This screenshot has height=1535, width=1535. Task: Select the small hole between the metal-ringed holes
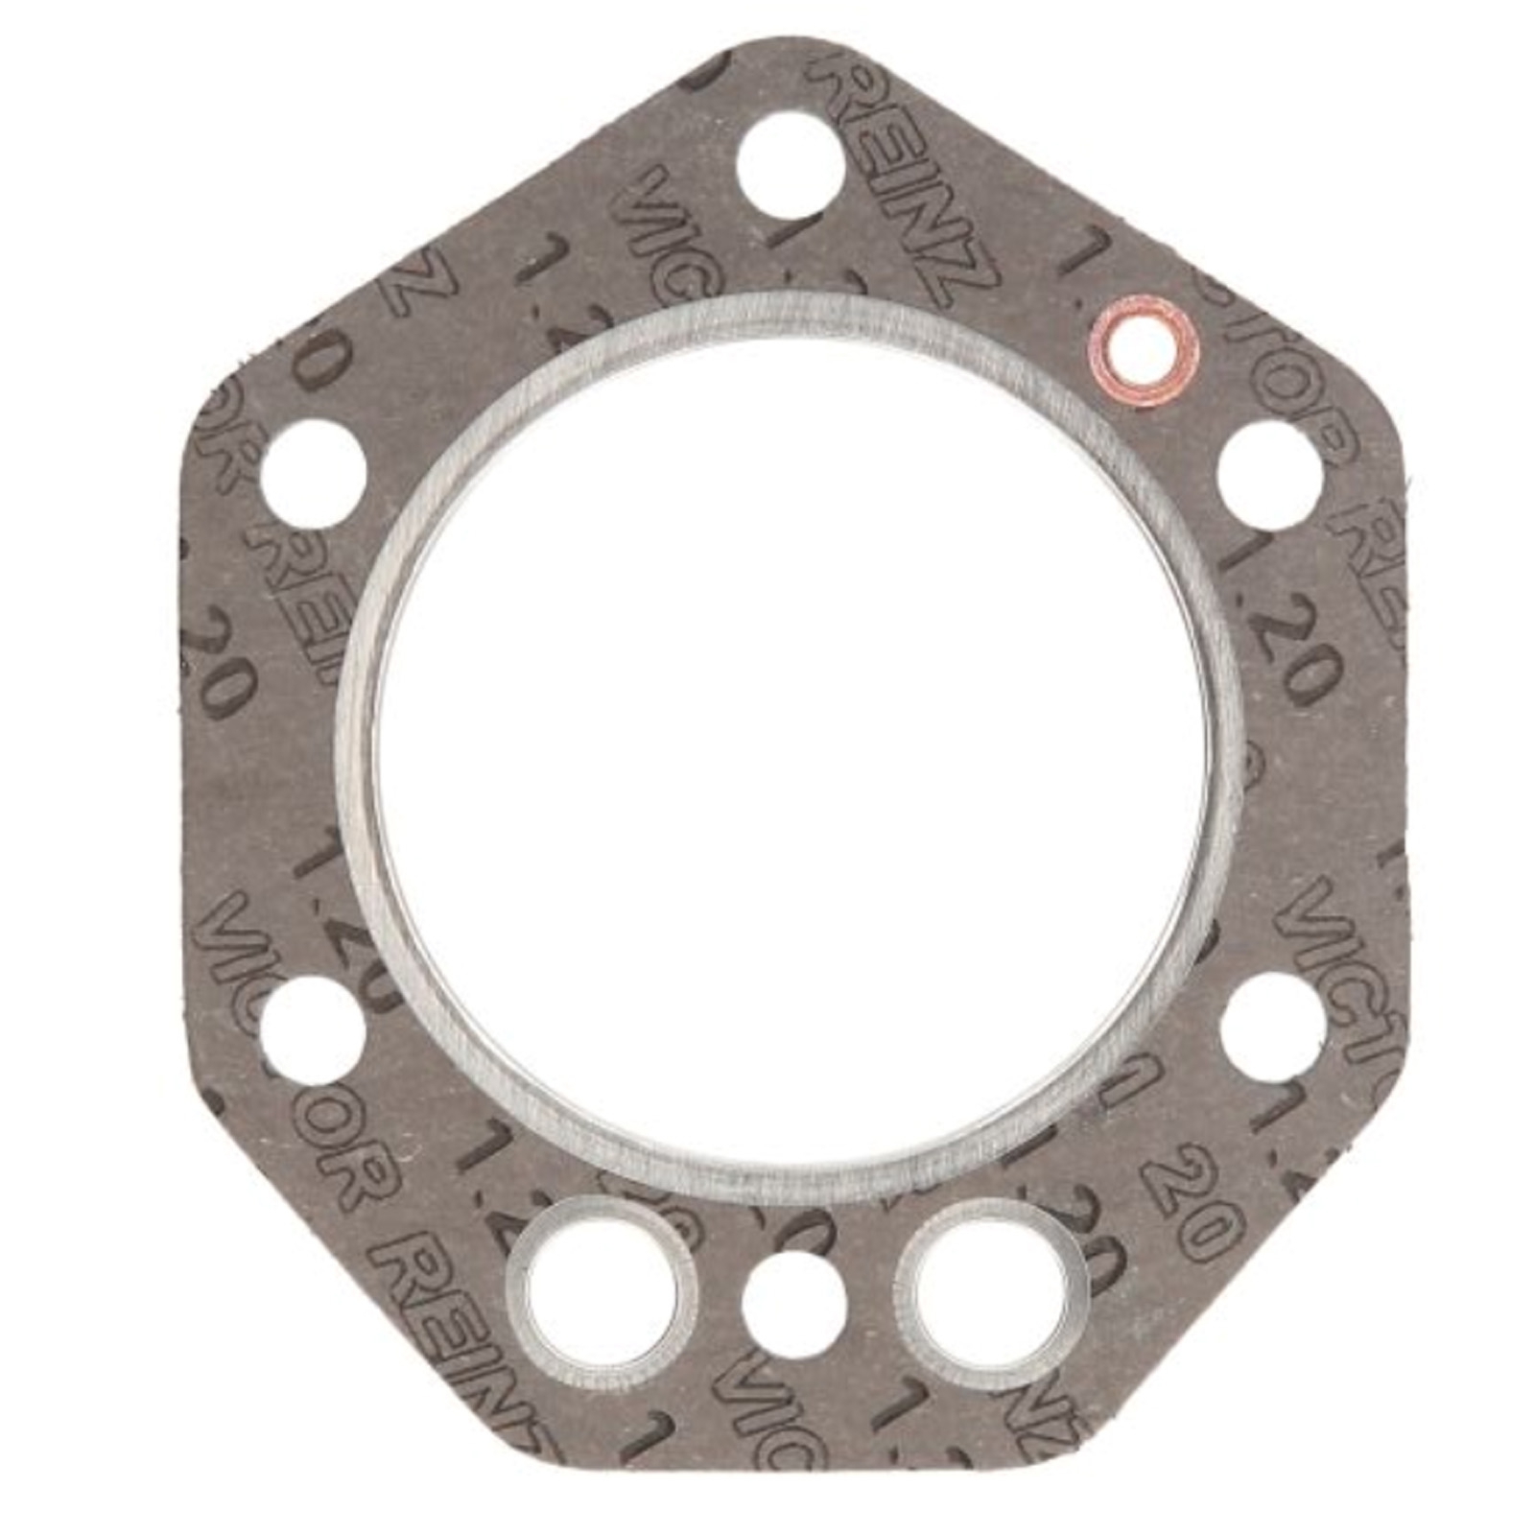tap(794, 1303)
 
